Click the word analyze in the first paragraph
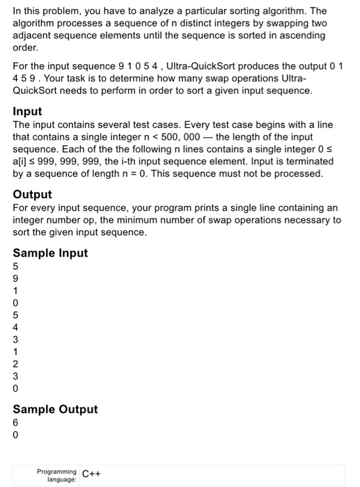click(x=202, y=11)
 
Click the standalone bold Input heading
click(x=27, y=111)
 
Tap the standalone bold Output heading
click(x=32, y=194)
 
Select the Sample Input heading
click(x=50, y=253)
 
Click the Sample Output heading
click(x=55, y=409)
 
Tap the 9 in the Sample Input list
click(x=17, y=277)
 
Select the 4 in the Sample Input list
click(x=17, y=327)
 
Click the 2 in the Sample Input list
click(x=17, y=365)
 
